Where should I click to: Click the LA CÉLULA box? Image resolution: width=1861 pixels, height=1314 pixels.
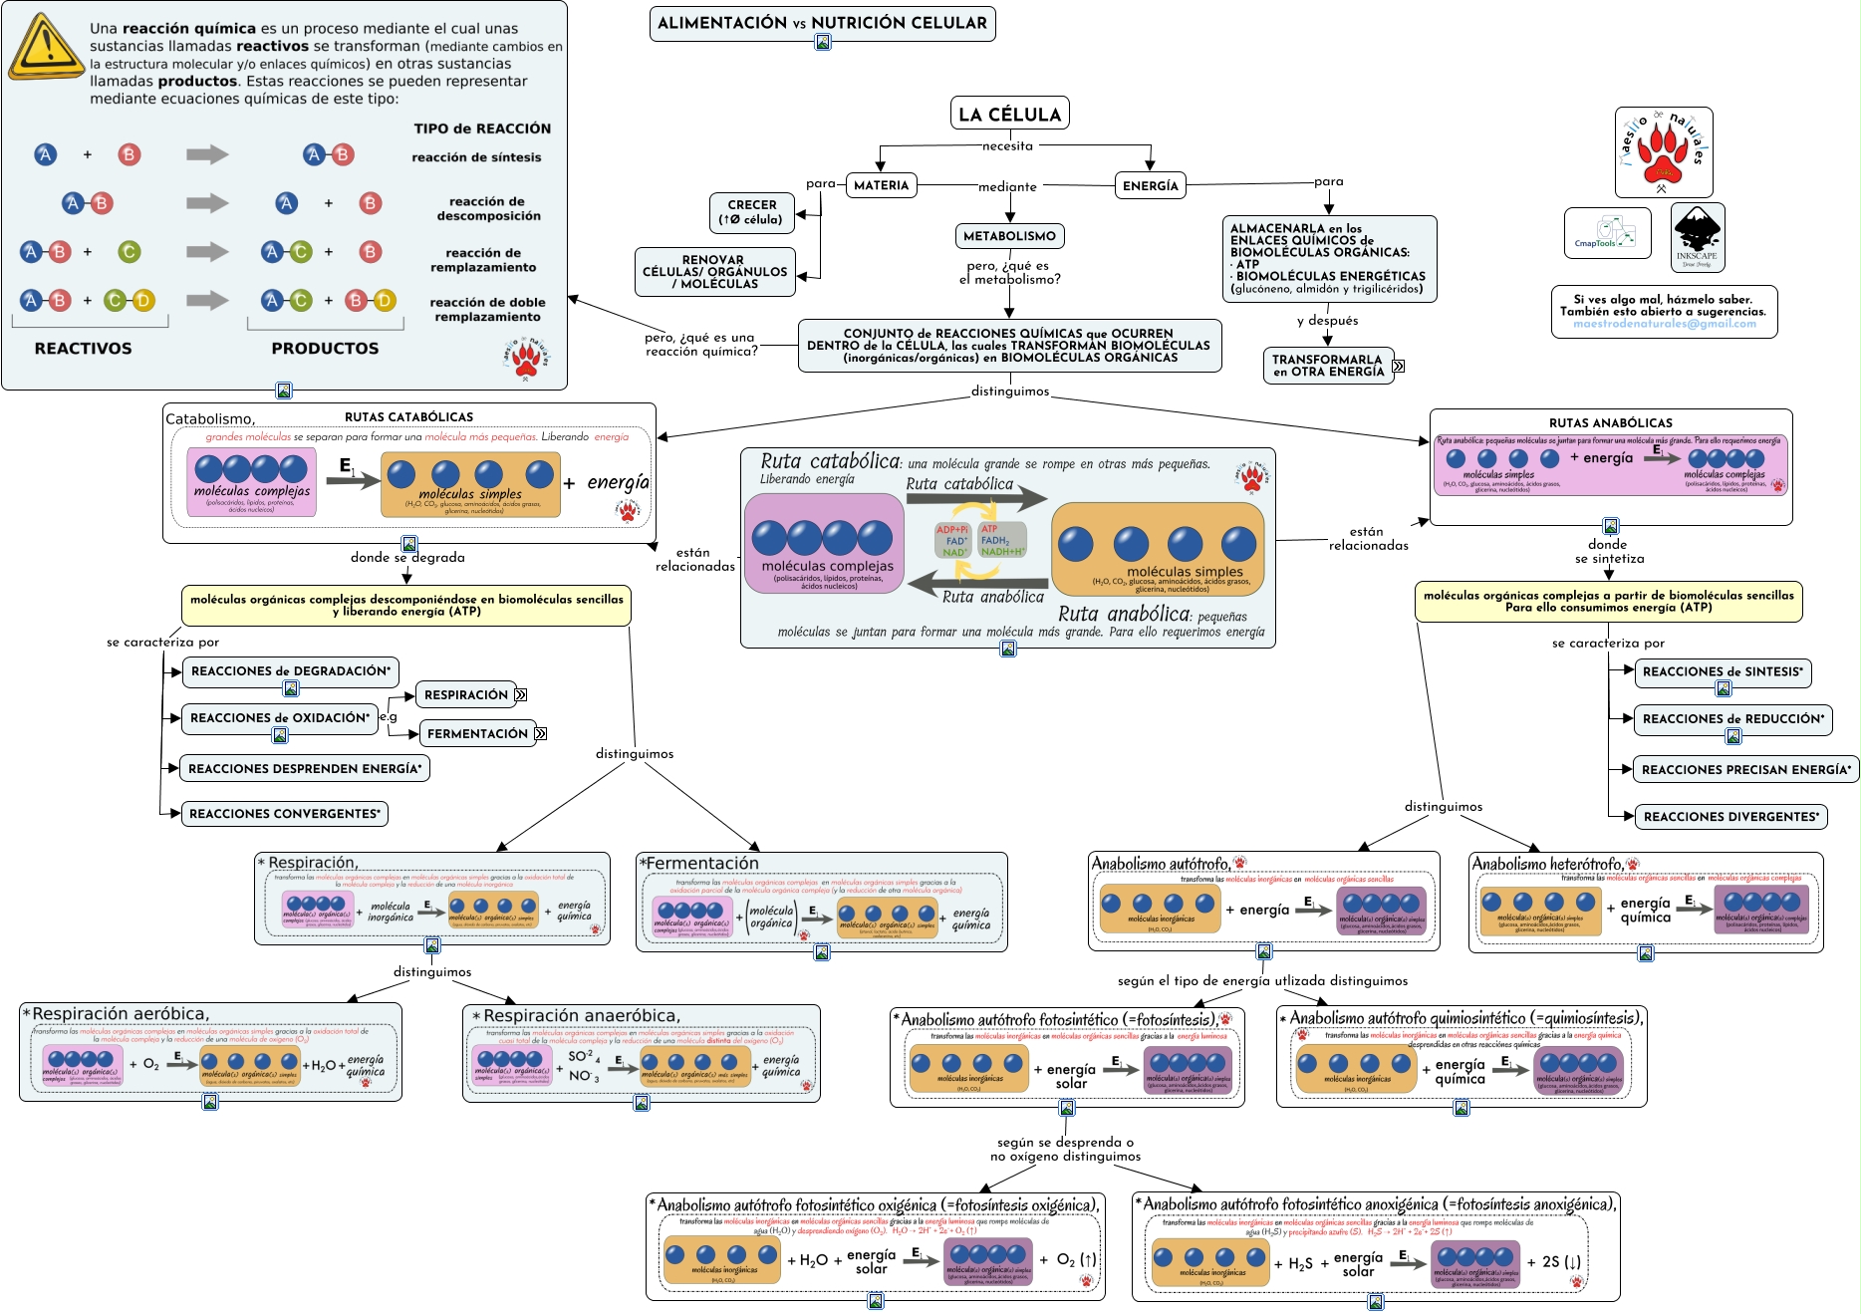pos(1009,114)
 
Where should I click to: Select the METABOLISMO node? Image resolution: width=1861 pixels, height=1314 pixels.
pos(1009,236)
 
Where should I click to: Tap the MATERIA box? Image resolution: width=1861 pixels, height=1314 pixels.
pos(881,185)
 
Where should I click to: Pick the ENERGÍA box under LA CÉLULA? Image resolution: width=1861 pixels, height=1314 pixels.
pos(1150,185)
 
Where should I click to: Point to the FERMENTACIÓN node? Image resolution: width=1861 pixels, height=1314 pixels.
pos(477,733)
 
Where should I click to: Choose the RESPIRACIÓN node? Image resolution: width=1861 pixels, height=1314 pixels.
pos(465,694)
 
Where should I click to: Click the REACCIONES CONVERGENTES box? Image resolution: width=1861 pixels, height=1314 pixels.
pos(284,814)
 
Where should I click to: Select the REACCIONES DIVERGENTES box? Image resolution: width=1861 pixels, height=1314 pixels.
pos(1730,817)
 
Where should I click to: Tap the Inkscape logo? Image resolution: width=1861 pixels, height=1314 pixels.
pos(1697,237)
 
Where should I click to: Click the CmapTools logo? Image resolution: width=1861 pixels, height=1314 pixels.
pos(1606,233)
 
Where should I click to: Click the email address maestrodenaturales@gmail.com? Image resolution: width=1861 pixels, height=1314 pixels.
pos(1664,324)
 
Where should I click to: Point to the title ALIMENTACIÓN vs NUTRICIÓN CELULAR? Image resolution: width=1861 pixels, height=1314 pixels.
pos(822,22)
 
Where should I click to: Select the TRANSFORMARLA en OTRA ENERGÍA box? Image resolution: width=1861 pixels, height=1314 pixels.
pos(1328,366)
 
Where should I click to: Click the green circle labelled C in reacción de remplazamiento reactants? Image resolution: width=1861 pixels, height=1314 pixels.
pos(130,252)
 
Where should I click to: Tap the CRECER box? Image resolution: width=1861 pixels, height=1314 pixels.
pos(751,212)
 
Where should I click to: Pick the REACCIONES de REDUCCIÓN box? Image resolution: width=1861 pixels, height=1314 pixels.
pos(1732,719)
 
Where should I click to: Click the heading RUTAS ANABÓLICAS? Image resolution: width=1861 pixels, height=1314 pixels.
pos(1610,423)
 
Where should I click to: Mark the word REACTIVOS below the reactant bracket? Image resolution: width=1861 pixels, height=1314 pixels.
pos(83,349)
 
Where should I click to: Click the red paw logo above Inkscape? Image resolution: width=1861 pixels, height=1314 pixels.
pos(1663,151)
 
